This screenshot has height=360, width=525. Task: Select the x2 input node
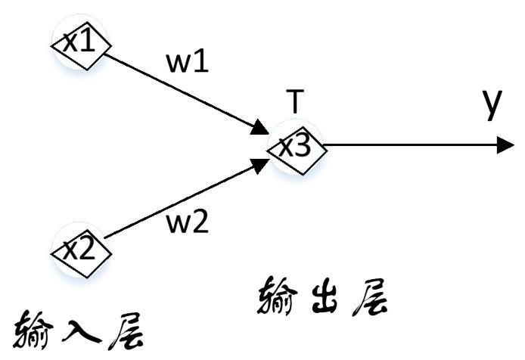coord(79,249)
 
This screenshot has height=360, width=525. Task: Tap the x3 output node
coord(296,147)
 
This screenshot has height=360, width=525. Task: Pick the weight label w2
coord(186,223)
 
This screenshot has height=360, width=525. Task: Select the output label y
coord(492,104)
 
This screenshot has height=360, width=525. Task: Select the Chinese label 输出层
coord(326,296)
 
